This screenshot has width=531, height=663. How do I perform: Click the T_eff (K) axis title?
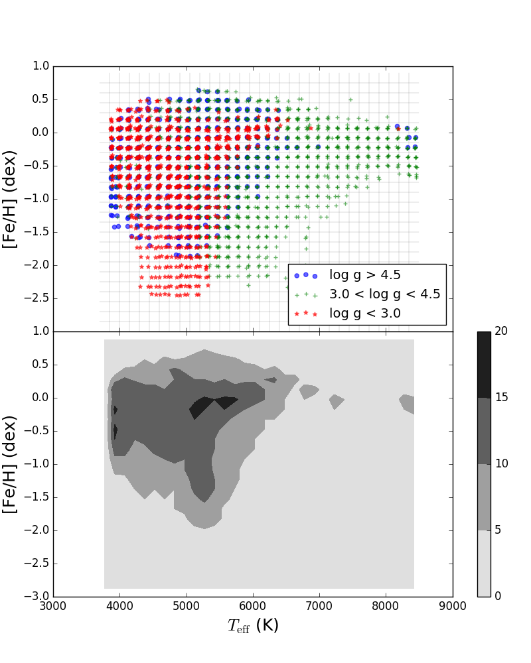[x=253, y=625]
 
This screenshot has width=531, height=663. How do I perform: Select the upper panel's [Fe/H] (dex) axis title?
[x=11, y=199]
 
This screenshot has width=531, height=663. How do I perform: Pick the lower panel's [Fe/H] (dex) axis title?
[x=11, y=464]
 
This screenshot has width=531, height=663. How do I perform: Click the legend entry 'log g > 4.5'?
[x=365, y=275]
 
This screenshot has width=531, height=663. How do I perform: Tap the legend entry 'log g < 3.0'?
[x=365, y=314]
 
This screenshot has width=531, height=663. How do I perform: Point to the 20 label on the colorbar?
[x=501, y=331]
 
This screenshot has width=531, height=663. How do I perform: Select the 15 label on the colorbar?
[x=501, y=398]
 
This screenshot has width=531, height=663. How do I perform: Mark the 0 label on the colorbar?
[x=498, y=596]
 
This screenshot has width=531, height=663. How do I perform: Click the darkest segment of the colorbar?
[x=484, y=365]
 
